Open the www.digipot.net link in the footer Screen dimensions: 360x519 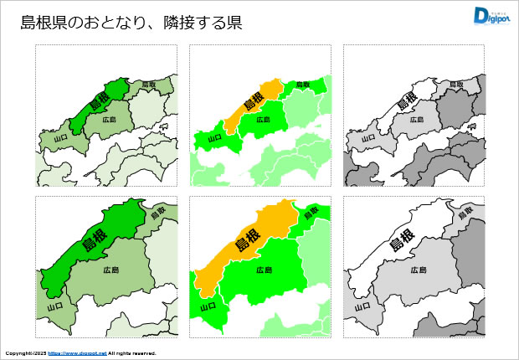[x=77, y=353]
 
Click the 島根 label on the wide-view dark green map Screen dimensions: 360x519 [x=99, y=103]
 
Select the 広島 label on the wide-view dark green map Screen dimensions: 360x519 [x=109, y=120]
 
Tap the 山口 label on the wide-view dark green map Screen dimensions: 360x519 [x=59, y=136]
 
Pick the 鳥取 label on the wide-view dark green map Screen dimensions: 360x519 [x=149, y=85]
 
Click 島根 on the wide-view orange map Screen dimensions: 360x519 [x=253, y=103]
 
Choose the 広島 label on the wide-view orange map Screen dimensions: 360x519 [x=263, y=120]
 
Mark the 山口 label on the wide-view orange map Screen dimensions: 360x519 [x=214, y=136]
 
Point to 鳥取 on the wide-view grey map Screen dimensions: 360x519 [x=457, y=85]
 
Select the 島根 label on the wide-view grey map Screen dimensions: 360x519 [x=407, y=103]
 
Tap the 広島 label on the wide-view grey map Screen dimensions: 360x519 [x=417, y=120]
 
